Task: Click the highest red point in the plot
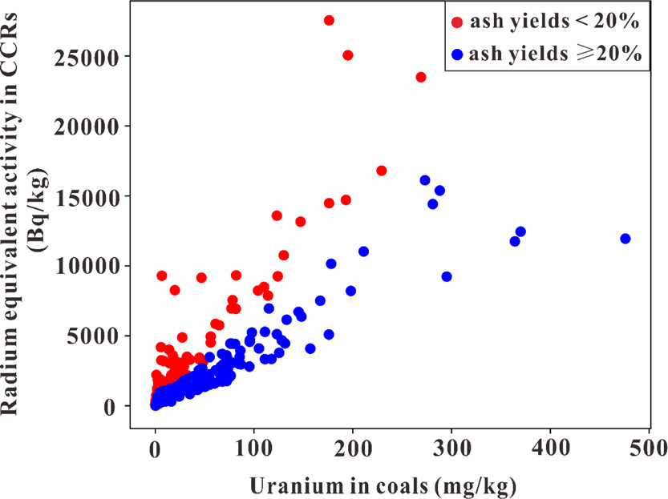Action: (329, 20)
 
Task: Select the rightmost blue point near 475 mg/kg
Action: (625, 239)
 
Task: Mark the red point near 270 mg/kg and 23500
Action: (421, 77)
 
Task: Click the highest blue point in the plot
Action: (425, 180)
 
